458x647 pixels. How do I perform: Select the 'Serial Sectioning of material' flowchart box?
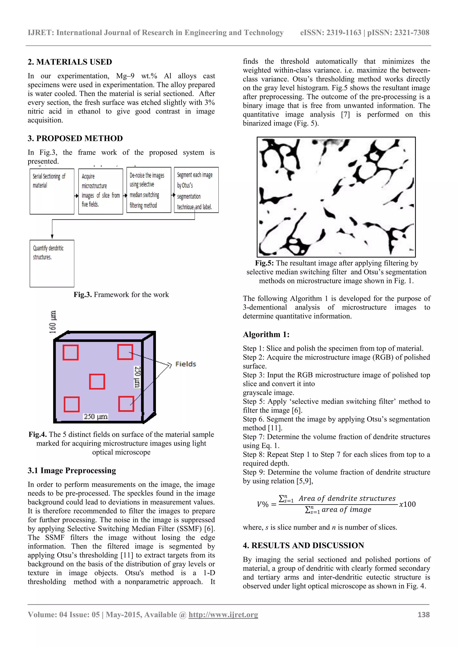(52, 191)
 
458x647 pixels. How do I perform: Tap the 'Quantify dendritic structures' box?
(52, 263)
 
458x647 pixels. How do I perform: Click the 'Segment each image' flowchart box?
(196, 190)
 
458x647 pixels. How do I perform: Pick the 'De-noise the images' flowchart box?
(149, 190)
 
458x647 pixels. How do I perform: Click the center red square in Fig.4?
(97, 382)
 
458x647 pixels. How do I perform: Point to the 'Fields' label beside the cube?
(186, 364)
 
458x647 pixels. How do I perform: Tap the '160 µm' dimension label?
(53, 322)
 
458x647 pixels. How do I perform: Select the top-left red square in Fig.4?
(70, 352)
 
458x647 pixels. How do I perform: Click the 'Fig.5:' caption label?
(264, 263)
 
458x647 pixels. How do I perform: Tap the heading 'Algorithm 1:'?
(266, 334)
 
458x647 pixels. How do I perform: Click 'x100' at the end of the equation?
(407, 504)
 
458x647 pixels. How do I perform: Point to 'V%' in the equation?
(263, 504)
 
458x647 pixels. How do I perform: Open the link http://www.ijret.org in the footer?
(223, 615)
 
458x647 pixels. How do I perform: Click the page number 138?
(423, 615)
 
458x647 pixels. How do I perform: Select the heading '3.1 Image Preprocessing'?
(72, 471)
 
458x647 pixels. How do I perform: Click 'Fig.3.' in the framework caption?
(83, 295)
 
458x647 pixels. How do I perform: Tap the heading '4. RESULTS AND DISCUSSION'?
(303, 546)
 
